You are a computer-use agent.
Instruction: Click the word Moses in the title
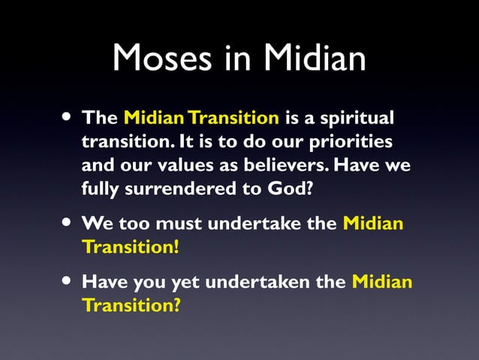coord(160,59)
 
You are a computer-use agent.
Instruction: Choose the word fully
coord(100,189)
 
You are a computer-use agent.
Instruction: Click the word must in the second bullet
coord(181,224)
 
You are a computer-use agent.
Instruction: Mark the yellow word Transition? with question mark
coord(131,307)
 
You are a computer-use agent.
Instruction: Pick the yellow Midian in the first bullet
coord(152,118)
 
